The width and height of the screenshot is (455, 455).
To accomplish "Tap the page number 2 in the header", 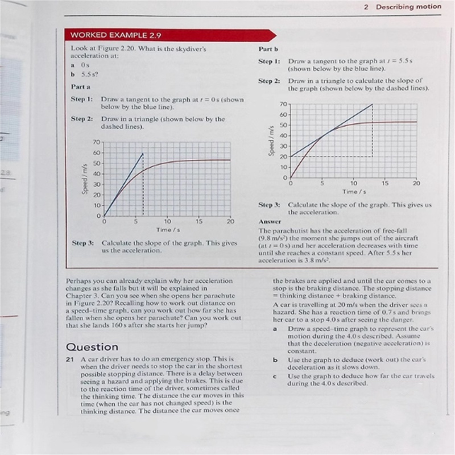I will click(x=366, y=7).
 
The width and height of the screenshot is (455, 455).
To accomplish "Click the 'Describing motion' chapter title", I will click(x=408, y=7).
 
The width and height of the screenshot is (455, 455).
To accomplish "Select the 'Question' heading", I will click(x=92, y=346).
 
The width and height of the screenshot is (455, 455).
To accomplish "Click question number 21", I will click(x=71, y=360).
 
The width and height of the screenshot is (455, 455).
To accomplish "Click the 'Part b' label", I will click(x=268, y=49).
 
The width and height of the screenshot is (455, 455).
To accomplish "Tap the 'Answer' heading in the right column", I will click(x=270, y=221).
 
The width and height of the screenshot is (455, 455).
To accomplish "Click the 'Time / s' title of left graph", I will click(x=168, y=230).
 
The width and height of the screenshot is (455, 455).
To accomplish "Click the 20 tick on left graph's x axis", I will click(x=230, y=221).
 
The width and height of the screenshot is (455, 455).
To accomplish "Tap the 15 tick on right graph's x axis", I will click(x=385, y=183).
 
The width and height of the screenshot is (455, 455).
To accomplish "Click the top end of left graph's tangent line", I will click(x=143, y=153).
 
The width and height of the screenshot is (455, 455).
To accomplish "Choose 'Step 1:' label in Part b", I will click(x=269, y=60).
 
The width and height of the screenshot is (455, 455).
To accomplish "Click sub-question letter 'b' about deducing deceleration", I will click(x=275, y=360).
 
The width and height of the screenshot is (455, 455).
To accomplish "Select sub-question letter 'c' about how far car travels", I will click(x=275, y=376).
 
